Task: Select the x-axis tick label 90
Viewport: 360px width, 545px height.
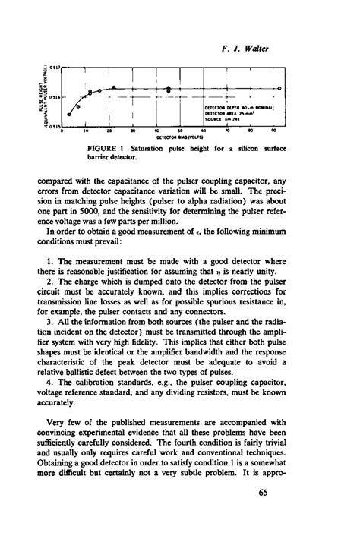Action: pos(283,131)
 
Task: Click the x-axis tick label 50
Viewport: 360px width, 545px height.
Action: pos(182,131)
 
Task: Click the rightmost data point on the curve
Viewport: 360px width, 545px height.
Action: pos(281,89)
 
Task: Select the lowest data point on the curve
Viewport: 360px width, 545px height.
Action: pos(69,115)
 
